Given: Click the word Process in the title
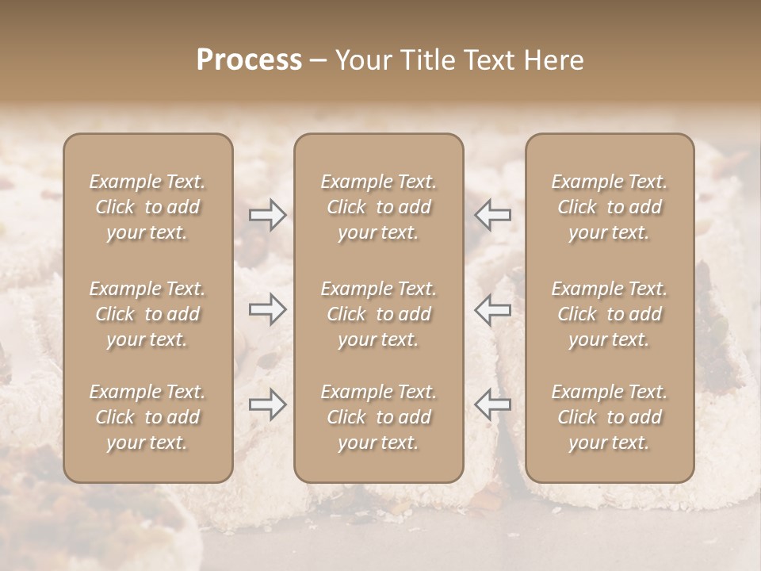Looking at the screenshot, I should pyautogui.click(x=249, y=60).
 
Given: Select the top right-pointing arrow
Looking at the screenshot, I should pyautogui.click(x=268, y=215).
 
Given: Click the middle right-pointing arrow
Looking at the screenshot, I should pyautogui.click(x=268, y=309).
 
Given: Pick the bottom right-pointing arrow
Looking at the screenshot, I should pyautogui.click(x=268, y=404).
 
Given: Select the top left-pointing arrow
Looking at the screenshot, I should pyautogui.click(x=492, y=215).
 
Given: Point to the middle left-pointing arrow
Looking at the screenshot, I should pyautogui.click(x=492, y=309).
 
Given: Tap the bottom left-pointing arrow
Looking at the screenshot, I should pyautogui.click(x=492, y=404).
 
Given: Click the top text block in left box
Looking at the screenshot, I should pyautogui.click(x=147, y=207).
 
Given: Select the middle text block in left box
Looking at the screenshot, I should pyautogui.click(x=147, y=314).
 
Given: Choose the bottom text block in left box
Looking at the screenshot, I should pyautogui.click(x=147, y=417).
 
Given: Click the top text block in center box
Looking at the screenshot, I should pyautogui.click(x=379, y=207).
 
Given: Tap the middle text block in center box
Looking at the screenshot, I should pyautogui.click(x=379, y=314).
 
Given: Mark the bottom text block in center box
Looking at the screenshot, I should pyautogui.click(x=379, y=417).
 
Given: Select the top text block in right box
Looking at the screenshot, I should pyautogui.click(x=610, y=207).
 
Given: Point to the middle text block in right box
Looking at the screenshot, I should pyautogui.click(x=610, y=314).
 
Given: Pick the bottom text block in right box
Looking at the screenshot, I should pyautogui.click(x=610, y=417).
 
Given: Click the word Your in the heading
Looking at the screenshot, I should pyautogui.click(x=361, y=60).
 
